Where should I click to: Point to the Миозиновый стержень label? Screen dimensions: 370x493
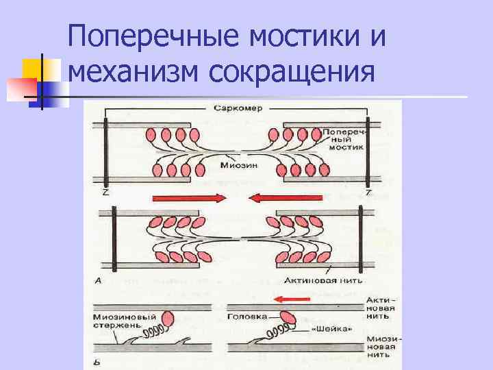pyautogui.click(x=123, y=321)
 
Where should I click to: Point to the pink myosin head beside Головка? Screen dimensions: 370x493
pyautogui.click(x=290, y=318)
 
